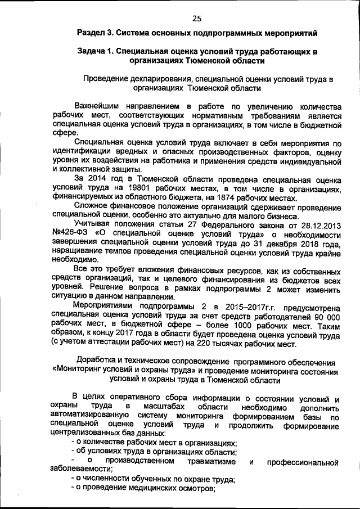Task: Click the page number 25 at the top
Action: pyautogui.click(x=196, y=18)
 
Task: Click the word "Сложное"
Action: pyautogui.click(x=90, y=206)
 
